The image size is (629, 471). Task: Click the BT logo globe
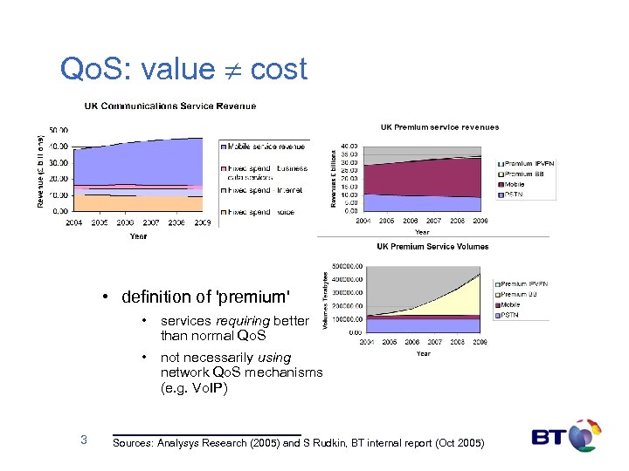584,435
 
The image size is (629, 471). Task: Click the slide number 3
83,440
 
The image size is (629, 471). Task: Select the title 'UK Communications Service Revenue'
170,106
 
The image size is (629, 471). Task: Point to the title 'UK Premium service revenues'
439,127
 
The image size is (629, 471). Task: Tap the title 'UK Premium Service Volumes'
432,247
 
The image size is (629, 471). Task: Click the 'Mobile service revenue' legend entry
266,146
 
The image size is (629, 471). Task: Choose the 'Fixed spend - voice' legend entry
261,212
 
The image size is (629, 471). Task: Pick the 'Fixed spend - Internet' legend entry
266,190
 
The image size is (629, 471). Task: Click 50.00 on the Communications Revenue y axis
59,130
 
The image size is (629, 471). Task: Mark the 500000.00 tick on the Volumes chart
347,266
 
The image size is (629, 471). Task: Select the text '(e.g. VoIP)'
194,388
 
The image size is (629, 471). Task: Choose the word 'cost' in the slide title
279,69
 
